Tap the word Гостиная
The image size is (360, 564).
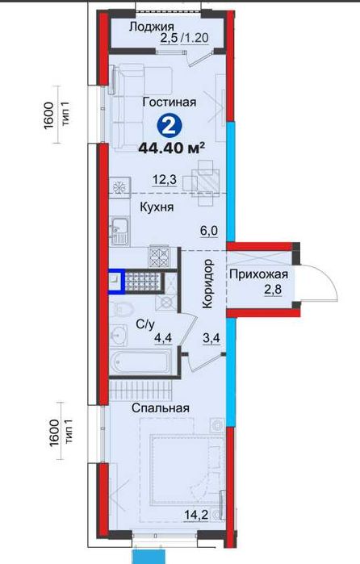169,103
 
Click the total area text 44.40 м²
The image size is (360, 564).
171,148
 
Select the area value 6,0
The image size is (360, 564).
210,229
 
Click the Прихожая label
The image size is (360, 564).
258,274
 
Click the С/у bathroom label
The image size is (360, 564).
145,324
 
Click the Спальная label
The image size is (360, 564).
162,407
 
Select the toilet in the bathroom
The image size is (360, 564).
123,310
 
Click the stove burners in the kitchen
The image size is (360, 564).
158,257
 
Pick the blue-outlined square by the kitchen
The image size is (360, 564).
116,280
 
